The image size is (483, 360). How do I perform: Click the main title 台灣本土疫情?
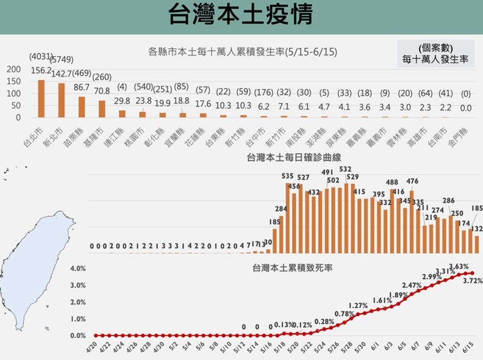pos(241,16)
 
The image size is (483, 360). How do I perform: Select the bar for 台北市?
pos(41,98)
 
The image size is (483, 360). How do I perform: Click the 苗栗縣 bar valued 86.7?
pos(82,107)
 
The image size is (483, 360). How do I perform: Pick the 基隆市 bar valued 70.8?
pos(102,109)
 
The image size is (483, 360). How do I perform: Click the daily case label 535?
pos(288,176)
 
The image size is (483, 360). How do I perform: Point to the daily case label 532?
pos(345,170)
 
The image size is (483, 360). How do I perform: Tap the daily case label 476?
pos(412,181)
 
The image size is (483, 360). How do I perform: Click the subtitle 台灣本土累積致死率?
pos(292,267)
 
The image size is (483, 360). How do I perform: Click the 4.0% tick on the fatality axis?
pos(77,268)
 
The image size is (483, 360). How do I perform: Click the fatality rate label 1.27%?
pos(358,306)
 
